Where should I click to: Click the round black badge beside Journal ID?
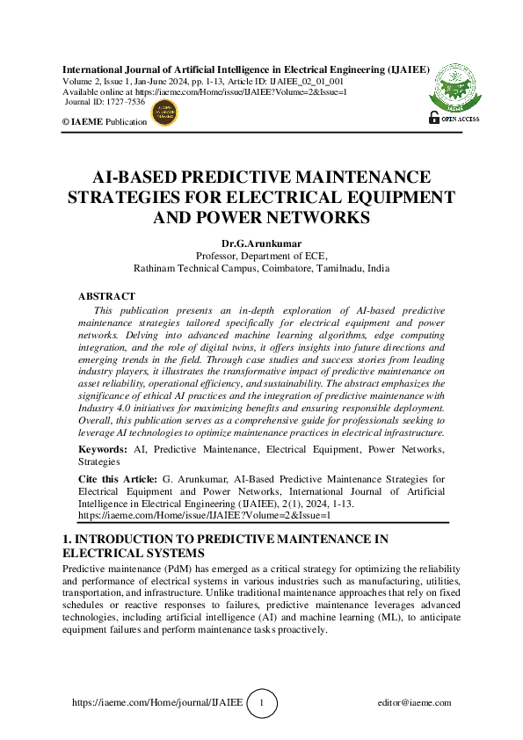164,112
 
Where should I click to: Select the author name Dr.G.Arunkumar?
261,243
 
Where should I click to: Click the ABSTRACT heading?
106,297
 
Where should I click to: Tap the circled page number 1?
262,703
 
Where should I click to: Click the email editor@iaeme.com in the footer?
413,703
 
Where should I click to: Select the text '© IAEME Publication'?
105,122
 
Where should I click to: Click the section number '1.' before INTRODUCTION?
67,539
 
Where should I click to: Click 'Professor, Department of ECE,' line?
261,256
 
